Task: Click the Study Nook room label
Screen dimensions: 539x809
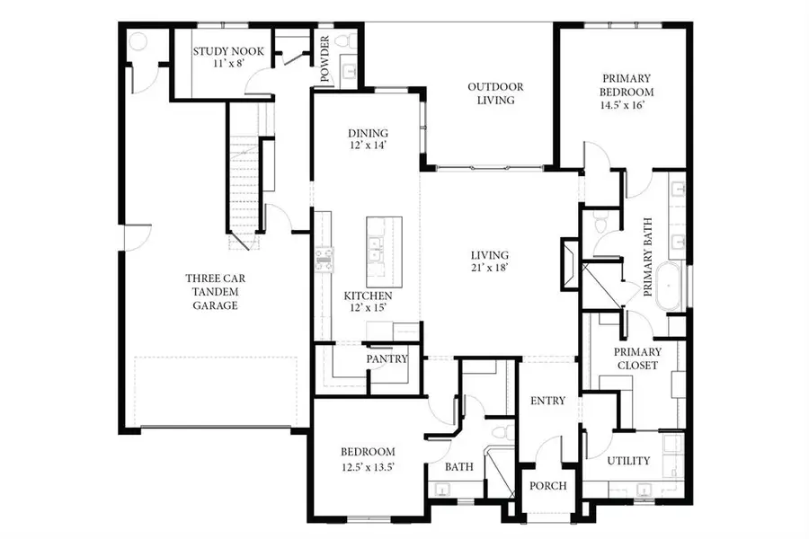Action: tap(228, 51)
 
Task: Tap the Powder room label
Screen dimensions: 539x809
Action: tap(324, 57)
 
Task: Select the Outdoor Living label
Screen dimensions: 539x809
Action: tap(495, 93)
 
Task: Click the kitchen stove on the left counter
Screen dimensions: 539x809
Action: tap(324, 260)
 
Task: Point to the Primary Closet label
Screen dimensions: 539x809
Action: tap(637, 358)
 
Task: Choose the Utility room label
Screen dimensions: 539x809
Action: tap(628, 461)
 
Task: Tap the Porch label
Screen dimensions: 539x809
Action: tap(547, 486)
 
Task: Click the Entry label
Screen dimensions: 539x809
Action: tap(547, 401)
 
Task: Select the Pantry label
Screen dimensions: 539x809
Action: tap(387, 358)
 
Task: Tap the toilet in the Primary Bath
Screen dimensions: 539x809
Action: tap(600, 221)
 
